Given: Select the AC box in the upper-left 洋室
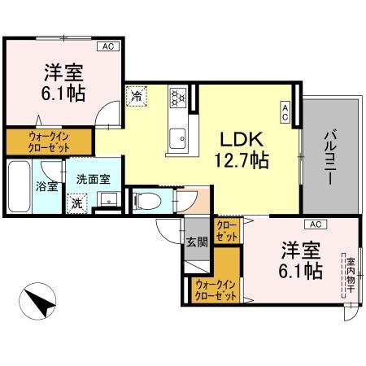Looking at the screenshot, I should (108, 47).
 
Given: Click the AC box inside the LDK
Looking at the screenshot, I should (285, 111).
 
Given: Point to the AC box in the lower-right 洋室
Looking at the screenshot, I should (314, 224).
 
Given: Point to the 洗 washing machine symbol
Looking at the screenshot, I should (76, 202).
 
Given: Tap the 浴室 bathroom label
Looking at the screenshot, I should (46, 186).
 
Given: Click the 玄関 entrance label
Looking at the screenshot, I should (196, 241).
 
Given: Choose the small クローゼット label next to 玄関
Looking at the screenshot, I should (227, 230).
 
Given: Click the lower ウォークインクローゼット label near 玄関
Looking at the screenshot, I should (216, 289).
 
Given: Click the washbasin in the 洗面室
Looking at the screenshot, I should (113, 200).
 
